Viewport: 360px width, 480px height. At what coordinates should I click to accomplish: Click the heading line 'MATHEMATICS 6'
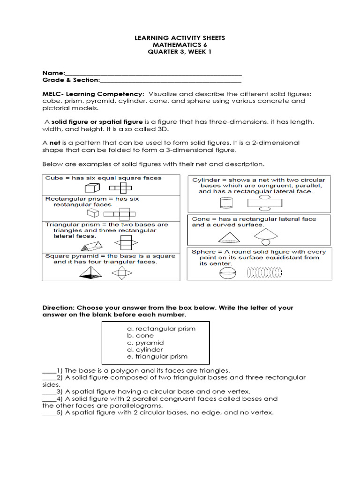coord(180,45)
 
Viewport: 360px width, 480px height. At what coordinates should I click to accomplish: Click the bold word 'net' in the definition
coord(55,142)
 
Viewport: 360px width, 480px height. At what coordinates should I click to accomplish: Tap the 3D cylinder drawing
coord(226,203)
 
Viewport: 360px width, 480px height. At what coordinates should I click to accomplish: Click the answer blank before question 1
coord(49,370)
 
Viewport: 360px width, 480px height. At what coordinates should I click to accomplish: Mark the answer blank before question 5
coord(49,413)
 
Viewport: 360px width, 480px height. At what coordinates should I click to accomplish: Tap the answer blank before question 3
coord(49,391)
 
